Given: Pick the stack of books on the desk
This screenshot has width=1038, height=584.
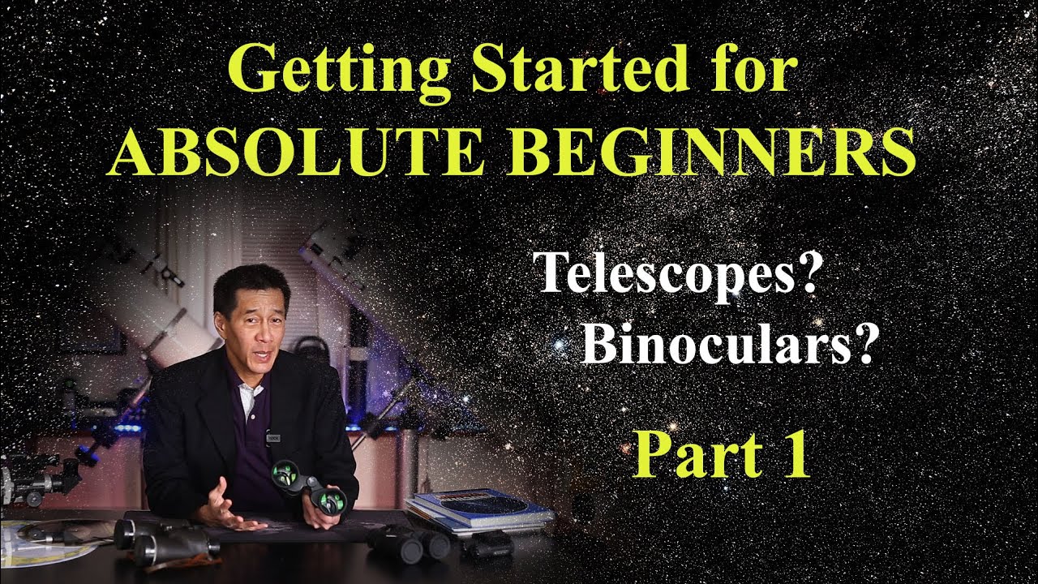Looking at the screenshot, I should (478, 511).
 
